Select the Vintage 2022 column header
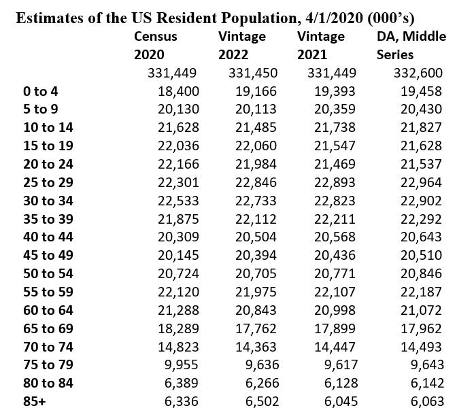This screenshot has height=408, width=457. point(242,45)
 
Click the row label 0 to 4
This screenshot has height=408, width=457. point(41,90)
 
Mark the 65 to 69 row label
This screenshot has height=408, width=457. point(48,328)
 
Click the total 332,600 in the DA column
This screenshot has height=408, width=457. point(419,73)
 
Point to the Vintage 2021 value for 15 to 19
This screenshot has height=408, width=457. point(337,146)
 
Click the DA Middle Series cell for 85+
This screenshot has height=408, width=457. point(422,401)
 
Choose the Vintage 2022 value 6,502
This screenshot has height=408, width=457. point(262,401)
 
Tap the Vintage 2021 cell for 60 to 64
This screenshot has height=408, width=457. point(337,310)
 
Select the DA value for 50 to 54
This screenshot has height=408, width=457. point(419,273)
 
